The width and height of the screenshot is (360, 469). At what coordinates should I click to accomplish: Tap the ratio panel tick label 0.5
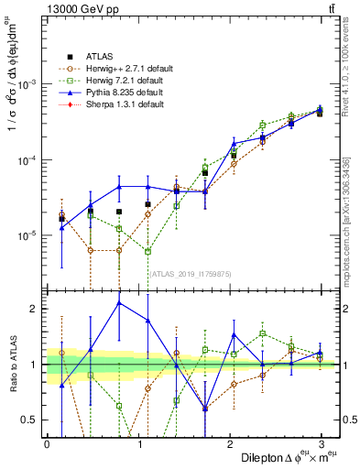coord(29,420)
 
